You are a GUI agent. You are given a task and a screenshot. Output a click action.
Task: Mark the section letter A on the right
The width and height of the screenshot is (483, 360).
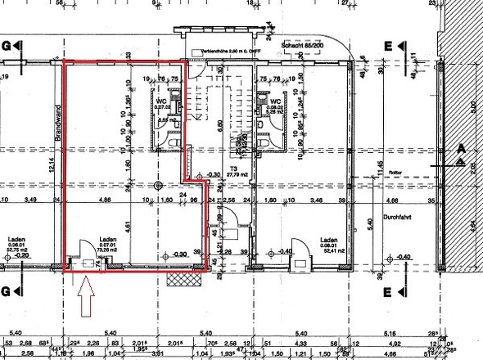pos(462,149)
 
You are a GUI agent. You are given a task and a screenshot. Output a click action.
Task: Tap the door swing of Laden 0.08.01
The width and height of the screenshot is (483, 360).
pos(287,245)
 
